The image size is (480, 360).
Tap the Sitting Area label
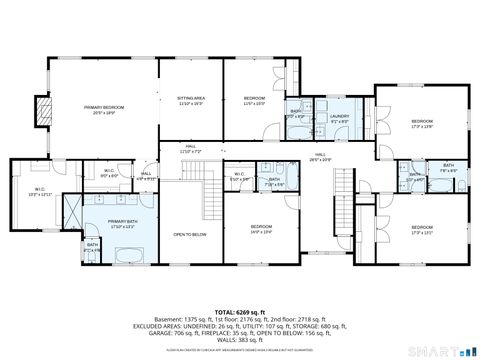point(190,100)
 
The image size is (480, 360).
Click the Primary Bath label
point(122,224)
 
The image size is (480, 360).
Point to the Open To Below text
point(190,234)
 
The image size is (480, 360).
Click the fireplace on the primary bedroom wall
point(41,111)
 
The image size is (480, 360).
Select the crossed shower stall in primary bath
point(73,209)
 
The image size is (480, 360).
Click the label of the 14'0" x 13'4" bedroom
point(262,229)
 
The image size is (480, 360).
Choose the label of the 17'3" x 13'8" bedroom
point(421,124)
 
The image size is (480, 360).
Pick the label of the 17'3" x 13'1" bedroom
point(421,230)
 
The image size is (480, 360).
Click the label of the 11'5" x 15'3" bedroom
point(254,100)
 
